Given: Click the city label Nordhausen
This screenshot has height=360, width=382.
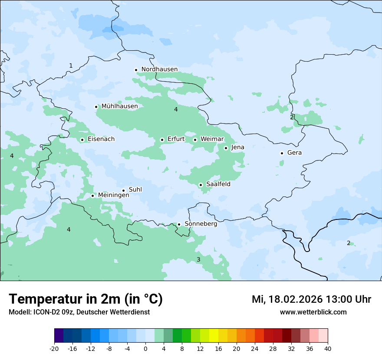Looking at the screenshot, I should click(x=159, y=69).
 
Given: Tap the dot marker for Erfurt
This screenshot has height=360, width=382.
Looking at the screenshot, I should click(x=162, y=140).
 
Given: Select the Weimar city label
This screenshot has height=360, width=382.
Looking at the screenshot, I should click(x=212, y=139).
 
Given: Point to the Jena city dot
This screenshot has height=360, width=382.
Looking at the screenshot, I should click(x=226, y=148).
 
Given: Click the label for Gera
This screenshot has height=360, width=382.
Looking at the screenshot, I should click(x=294, y=153).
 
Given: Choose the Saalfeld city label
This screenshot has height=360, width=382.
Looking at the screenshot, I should click(x=218, y=184).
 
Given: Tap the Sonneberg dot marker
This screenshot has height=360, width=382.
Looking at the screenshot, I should click(x=179, y=225).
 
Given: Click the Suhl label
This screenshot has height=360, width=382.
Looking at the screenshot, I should click(x=135, y=190).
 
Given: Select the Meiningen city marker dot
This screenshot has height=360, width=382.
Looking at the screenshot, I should click(x=92, y=196).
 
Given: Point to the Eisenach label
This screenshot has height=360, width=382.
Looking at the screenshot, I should click(x=101, y=139).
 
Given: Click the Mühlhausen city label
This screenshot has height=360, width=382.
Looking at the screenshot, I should click(x=119, y=106).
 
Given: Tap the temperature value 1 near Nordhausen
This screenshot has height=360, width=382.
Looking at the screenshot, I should click(x=71, y=66).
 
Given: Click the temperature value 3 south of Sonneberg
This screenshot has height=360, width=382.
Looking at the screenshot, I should click(x=198, y=260).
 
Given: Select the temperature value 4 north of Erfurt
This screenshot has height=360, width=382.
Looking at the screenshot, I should click(x=176, y=110).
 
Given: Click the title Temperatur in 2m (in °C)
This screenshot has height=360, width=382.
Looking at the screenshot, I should click(x=86, y=299).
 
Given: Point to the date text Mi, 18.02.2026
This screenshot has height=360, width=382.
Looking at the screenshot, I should click(x=286, y=300).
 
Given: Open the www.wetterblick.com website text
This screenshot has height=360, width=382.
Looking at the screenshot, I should click(x=313, y=312).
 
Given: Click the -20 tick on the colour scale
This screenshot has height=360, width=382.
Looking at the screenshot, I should click(x=54, y=348).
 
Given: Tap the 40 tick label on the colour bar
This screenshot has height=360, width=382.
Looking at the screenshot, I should click(x=327, y=348).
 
